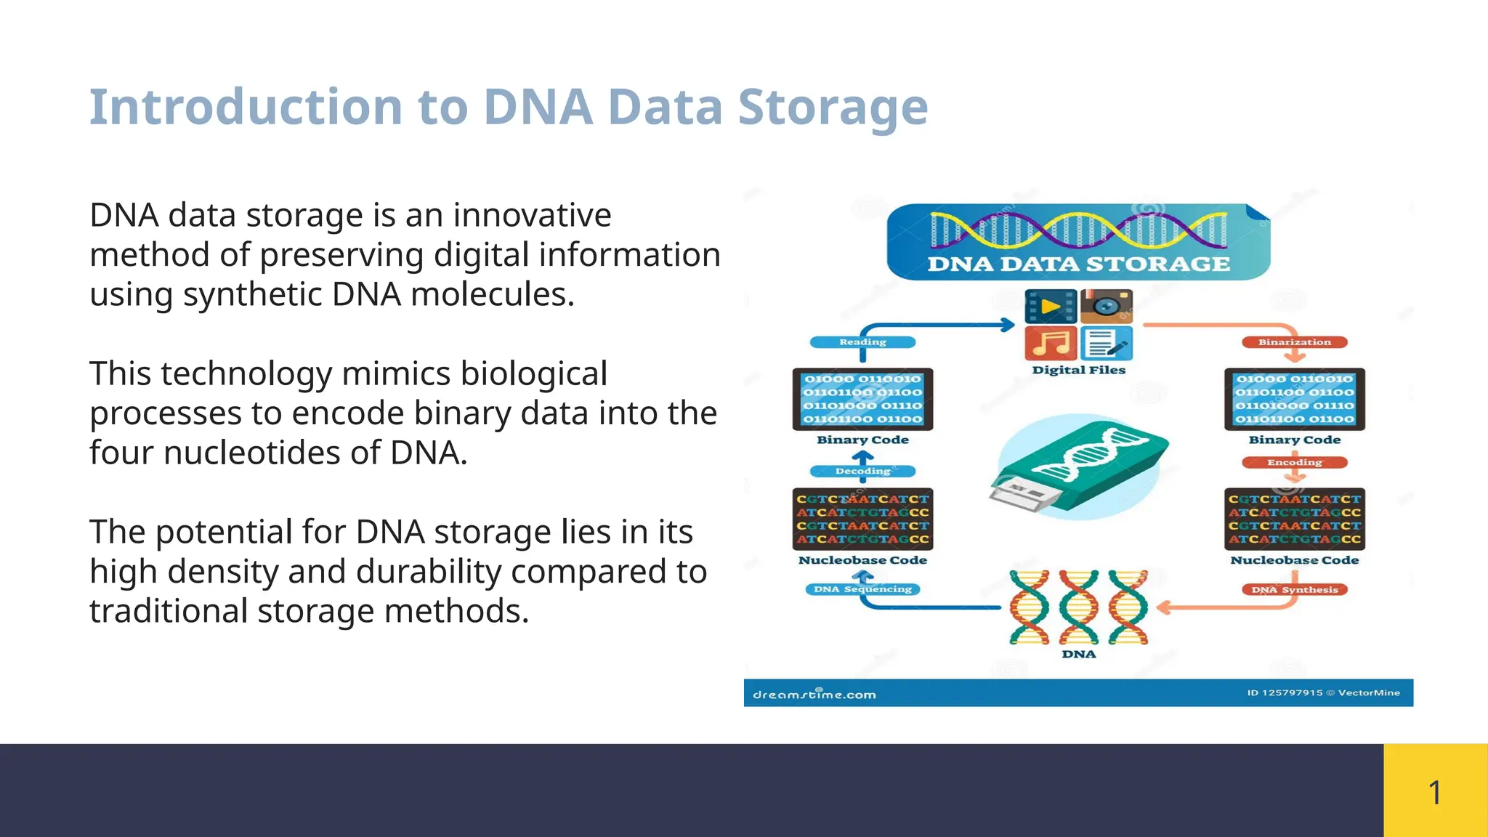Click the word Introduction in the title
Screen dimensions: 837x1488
point(246,108)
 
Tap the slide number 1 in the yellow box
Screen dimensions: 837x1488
point(1434,792)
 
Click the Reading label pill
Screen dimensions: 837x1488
point(862,342)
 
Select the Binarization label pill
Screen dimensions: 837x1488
point(1294,342)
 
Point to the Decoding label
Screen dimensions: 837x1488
point(862,472)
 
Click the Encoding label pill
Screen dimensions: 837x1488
point(1294,463)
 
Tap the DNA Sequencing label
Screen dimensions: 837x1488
point(862,589)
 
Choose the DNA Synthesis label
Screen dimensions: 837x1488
point(1294,590)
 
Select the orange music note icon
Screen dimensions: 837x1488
point(1051,343)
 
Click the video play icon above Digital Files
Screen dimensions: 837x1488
point(1051,307)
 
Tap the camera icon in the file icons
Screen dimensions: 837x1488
point(1106,307)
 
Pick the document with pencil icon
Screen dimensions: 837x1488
point(1106,343)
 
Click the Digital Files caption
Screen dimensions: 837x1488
point(1078,370)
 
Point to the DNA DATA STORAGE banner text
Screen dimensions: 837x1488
point(1078,264)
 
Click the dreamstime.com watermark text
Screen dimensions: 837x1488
point(814,695)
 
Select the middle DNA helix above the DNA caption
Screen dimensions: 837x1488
point(1078,607)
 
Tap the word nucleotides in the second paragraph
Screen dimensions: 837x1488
point(251,453)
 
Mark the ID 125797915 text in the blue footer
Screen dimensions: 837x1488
point(1285,693)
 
